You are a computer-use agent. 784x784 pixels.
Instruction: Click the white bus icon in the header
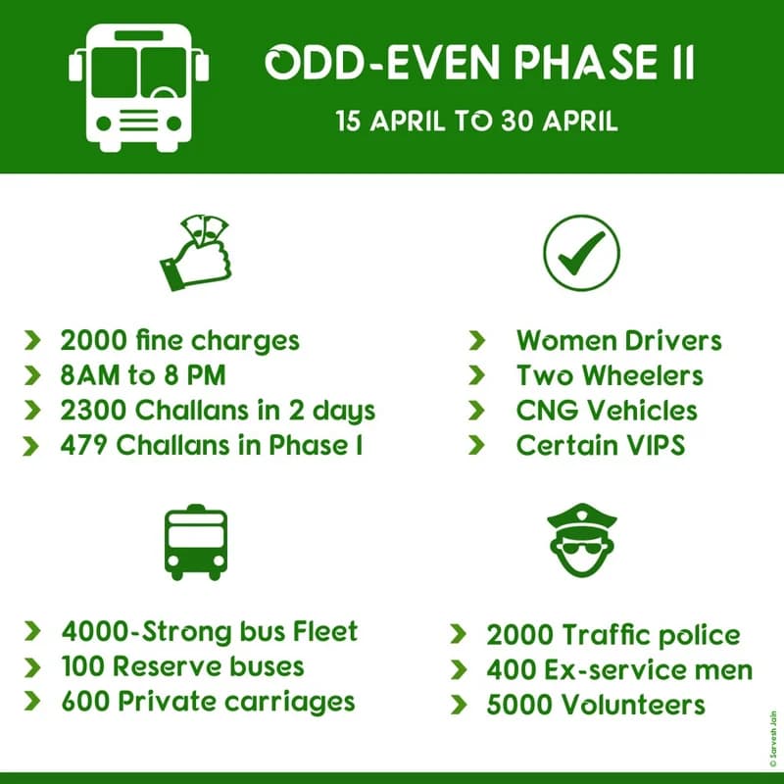[x=138, y=85]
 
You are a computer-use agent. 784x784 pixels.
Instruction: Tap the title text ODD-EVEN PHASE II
[x=480, y=64]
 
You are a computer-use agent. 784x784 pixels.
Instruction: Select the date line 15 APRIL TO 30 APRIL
[x=477, y=122]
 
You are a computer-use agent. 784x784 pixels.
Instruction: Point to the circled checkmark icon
[x=582, y=254]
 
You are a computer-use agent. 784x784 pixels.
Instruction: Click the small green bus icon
[x=195, y=542]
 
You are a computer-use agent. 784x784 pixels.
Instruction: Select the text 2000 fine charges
[x=179, y=341]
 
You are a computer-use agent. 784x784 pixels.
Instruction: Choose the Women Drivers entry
[x=618, y=341]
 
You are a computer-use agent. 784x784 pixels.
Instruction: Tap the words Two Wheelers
[x=610, y=375]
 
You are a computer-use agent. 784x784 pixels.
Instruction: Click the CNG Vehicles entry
[x=607, y=410]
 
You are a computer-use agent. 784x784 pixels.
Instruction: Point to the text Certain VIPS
[x=600, y=444]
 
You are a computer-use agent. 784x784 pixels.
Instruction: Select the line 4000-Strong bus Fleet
[x=209, y=631]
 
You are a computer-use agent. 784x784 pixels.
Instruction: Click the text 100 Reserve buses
[x=182, y=666]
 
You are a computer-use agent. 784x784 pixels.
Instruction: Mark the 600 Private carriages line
[x=207, y=702]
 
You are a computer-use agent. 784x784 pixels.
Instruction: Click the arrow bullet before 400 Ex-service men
[x=458, y=670]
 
